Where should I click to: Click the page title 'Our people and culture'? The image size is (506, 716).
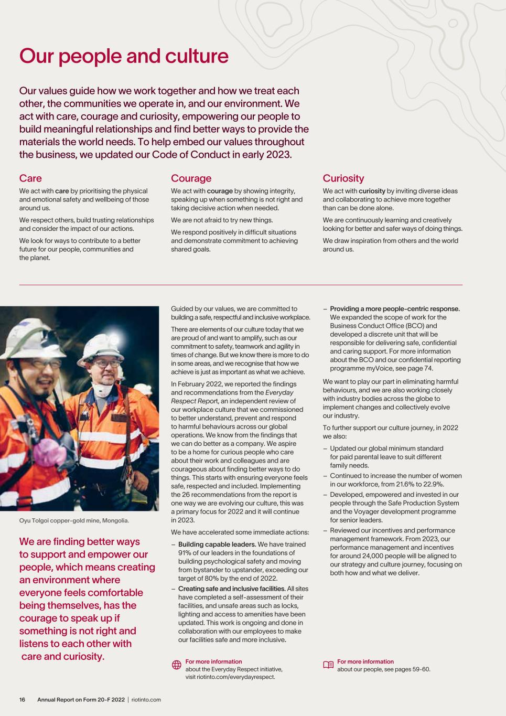click(x=124, y=56)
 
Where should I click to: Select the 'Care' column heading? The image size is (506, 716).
click(x=30, y=178)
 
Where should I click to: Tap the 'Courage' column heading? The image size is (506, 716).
click(x=191, y=178)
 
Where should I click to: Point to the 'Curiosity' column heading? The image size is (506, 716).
click(x=343, y=178)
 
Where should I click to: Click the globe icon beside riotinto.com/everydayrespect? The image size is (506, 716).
click(x=177, y=665)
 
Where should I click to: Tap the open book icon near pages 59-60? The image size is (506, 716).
click(x=328, y=665)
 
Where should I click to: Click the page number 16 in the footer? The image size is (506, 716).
click(x=23, y=700)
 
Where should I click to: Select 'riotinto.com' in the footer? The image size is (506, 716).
click(x=146, y=700)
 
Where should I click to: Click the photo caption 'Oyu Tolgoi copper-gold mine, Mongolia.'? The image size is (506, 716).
click(x=74, y=521)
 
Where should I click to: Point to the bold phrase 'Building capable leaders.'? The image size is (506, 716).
click(x=217, y=544)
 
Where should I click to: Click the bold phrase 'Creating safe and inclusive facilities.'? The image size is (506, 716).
click(x=232, y=589)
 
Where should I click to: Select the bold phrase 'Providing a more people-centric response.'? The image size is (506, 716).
click(x=395, y=309)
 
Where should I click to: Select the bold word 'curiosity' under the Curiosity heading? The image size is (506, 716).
click(x=372, y=191)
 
